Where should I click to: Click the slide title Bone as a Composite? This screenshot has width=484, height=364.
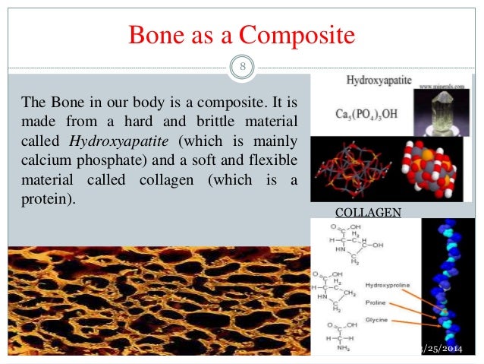(x=243, y=35)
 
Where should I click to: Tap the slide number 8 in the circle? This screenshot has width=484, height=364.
(x=243, y=68)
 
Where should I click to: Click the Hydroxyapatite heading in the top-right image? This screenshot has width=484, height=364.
(x=374, y=79)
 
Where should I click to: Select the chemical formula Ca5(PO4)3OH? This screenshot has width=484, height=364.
(x=369, y=115)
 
